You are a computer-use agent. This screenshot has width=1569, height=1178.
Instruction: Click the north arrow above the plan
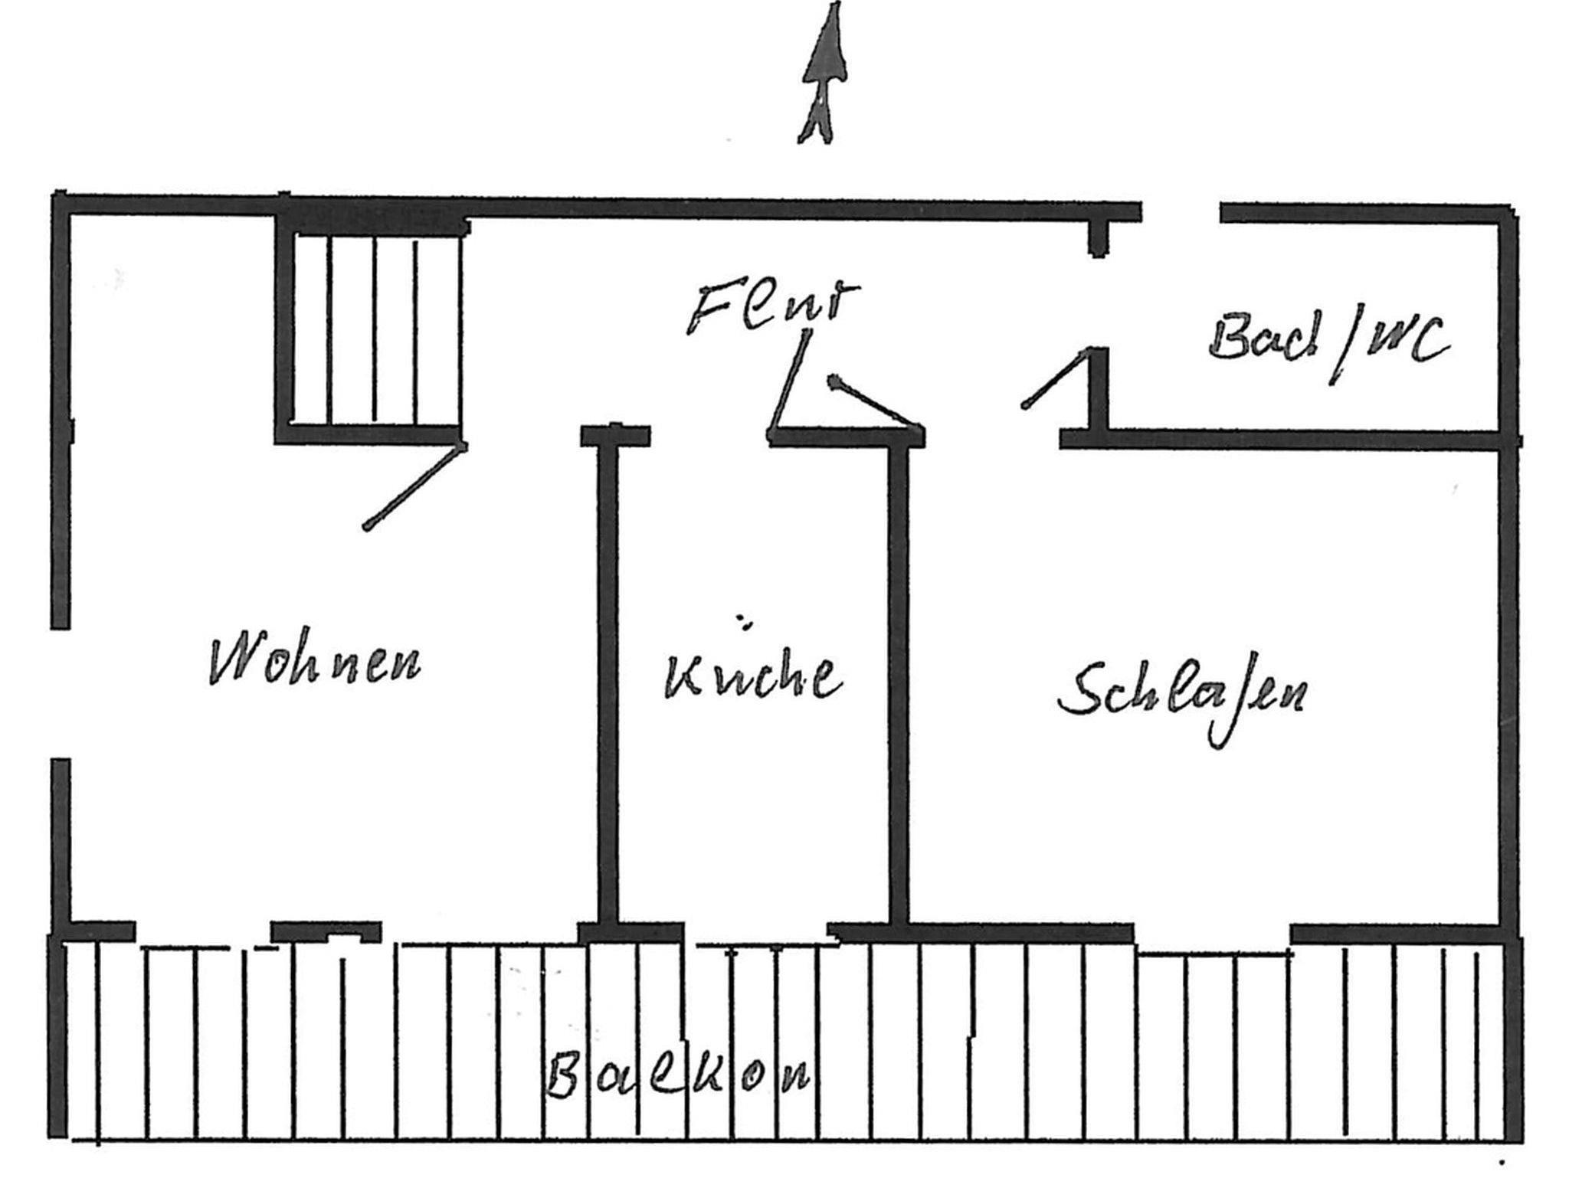tap(823, 74)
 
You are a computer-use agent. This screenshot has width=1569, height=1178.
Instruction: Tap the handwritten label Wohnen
tap(315, 659)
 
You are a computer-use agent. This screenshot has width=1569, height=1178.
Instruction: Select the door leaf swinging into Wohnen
tap(414, 486)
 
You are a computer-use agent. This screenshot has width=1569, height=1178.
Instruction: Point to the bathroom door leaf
tap(1056, 378)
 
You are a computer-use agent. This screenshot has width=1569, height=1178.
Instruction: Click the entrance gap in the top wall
tap(1181, 211)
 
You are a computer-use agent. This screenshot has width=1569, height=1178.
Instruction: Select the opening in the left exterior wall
tap(61, 694)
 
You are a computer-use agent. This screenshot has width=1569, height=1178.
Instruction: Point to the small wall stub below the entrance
tap(1098, 238)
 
